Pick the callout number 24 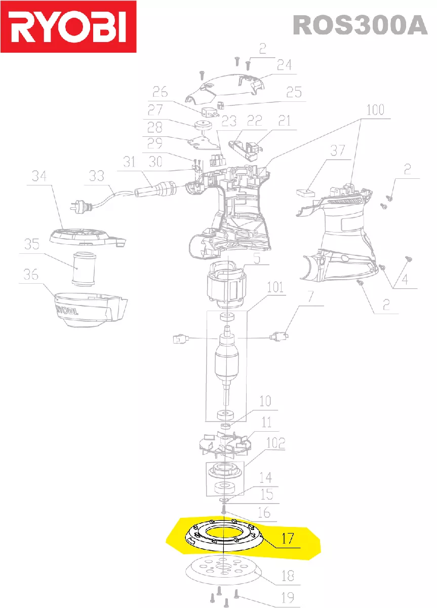coord(285,65)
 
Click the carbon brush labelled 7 coord(279,335)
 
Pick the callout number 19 coord(287,598)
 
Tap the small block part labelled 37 coord(305,192)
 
